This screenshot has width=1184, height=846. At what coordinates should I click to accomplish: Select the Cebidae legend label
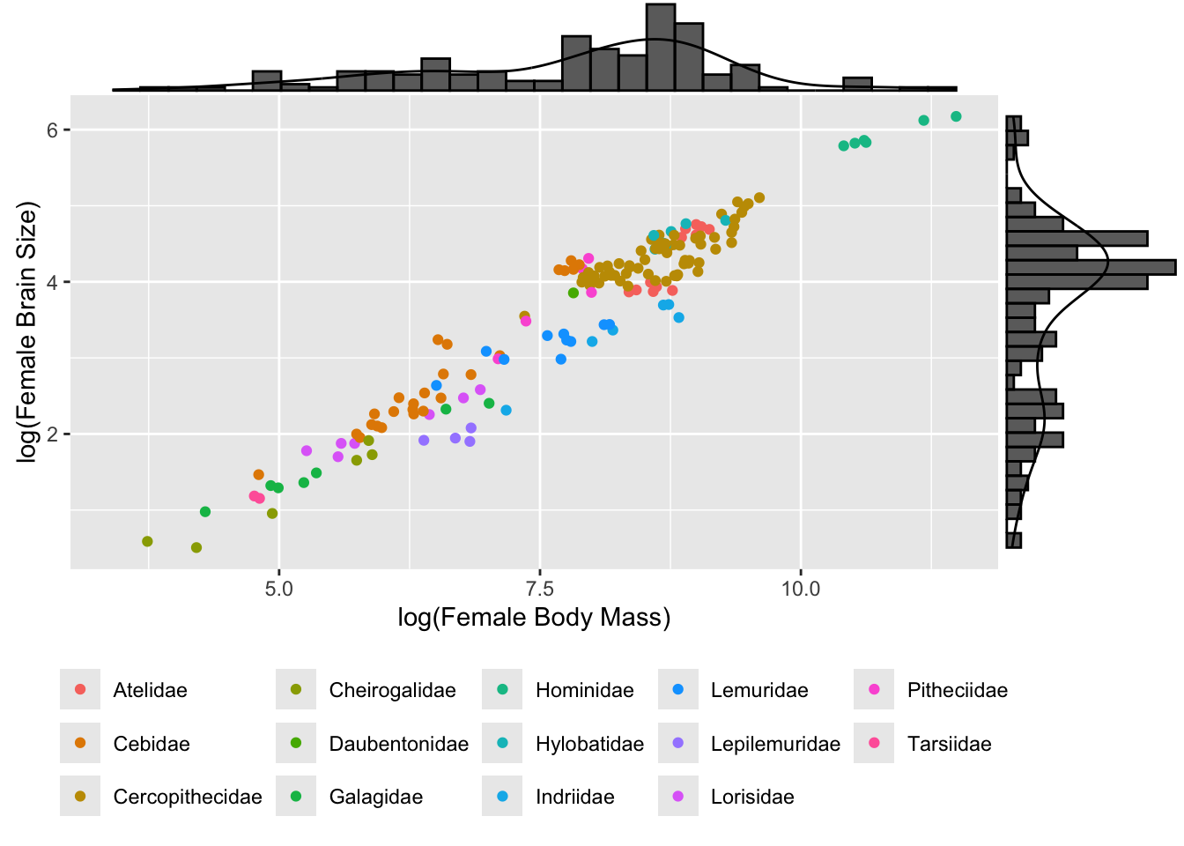pos(152,744)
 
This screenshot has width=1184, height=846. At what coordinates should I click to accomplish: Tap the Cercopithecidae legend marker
pos(80,797)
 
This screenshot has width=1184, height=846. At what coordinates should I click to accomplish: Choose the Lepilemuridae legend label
pos(775,744)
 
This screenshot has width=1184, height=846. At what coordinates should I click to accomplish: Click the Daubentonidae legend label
pos(398,744)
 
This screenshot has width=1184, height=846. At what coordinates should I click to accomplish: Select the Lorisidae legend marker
pos(678,797)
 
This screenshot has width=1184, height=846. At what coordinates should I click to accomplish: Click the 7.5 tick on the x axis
pos(540,588)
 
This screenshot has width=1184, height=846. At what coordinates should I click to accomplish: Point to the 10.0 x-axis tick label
pos(801,588)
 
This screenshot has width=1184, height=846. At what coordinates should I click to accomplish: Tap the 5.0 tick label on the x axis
pos(279,588)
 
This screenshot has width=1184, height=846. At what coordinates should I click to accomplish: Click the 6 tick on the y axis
pos(52,130)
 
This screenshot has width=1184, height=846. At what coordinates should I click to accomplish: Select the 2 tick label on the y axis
pos(52,434)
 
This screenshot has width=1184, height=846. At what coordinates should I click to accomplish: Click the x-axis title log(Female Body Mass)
pos(534,618)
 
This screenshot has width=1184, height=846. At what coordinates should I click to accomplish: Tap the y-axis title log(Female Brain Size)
pos(29,332)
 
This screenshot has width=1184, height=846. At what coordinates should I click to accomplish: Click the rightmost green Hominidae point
pos(956,116)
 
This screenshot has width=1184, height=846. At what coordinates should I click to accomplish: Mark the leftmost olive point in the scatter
pos(147,541)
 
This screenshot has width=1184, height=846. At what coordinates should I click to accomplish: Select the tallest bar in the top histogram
pos(661,47)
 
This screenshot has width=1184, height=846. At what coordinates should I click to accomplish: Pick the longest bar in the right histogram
pos(1091,267)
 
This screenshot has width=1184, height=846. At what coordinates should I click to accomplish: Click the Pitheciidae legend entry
pos(957,690)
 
